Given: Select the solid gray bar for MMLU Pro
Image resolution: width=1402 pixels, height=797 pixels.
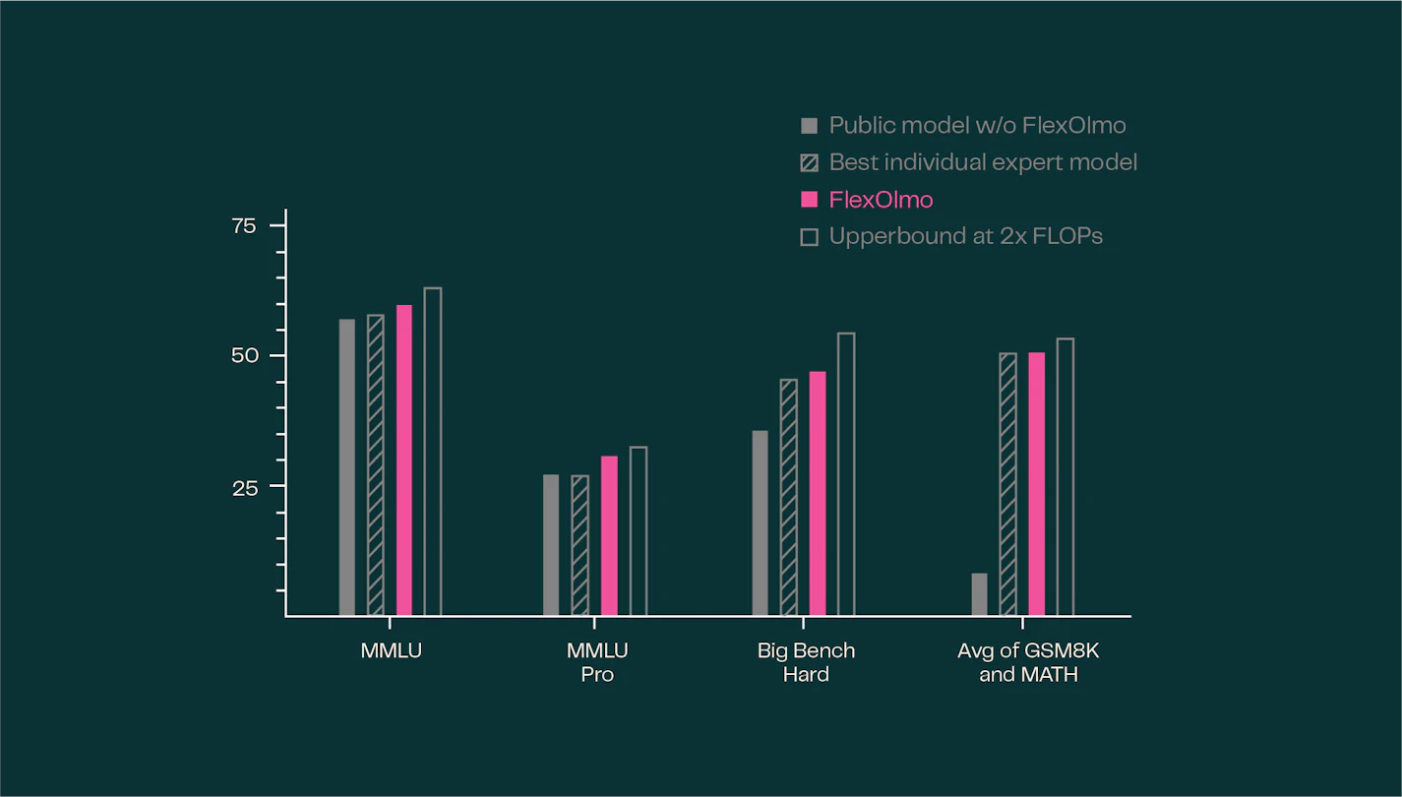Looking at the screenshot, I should [551, 545].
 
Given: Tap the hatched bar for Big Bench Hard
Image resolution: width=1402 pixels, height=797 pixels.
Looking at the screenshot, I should [789, 497].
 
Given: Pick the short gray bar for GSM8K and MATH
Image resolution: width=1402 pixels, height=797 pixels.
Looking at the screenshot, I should [979, 594].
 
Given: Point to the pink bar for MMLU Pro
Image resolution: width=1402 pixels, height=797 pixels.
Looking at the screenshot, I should [609, 536].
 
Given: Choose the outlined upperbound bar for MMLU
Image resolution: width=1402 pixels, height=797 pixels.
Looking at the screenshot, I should [433, 452].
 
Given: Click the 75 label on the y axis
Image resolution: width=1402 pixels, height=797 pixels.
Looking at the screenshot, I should [244, 226].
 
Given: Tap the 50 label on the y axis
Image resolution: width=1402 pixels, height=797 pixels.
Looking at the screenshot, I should [244, 355].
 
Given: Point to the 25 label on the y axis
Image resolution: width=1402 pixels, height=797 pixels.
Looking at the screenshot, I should [244, 487].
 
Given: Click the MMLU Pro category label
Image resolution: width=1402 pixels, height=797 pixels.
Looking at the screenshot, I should [597, 662].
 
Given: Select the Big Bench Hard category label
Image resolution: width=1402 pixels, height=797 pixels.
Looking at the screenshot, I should [806, 662].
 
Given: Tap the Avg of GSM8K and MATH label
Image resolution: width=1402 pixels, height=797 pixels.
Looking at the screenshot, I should [1028, 662].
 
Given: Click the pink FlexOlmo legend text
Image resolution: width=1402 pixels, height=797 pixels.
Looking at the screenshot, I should [881, 200].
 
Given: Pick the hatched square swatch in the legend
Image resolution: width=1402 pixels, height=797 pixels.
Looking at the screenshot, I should [810, 162].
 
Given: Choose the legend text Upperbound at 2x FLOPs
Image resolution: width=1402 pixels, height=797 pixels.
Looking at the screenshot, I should [965, 236].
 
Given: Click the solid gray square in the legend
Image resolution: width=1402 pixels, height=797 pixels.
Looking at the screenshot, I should [810, 126].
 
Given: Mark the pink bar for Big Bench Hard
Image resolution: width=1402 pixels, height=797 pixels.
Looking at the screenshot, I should [818, 493].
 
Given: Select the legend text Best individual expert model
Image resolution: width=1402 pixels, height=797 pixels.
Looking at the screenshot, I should [983, 162].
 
